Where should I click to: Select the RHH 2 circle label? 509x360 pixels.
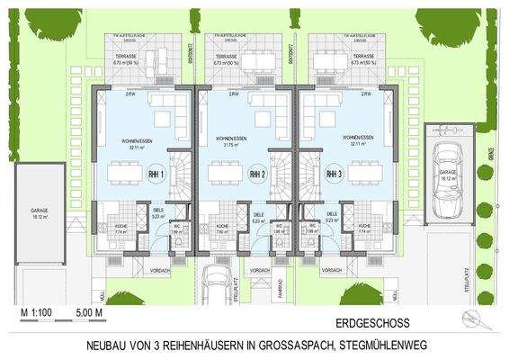[x=257, y=173]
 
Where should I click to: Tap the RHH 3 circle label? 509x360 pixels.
[x=334, y=173]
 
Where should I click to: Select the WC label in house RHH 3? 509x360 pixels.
[x=312, y=226]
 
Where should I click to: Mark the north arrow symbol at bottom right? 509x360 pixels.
[x=469, y=315]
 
